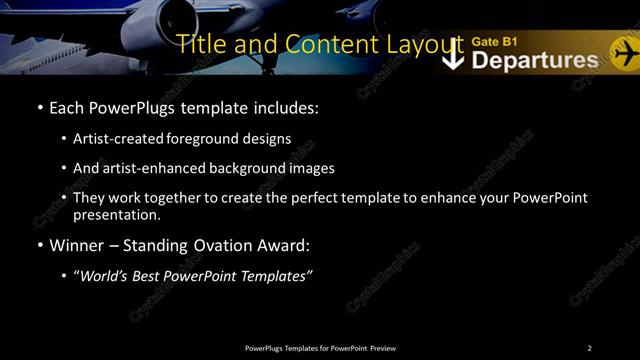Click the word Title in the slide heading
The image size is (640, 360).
201,44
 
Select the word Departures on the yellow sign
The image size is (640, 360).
534,60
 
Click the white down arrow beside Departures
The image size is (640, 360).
453,55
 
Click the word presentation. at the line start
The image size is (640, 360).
117,214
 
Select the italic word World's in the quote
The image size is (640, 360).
106,275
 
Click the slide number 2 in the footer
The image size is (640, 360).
589,348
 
